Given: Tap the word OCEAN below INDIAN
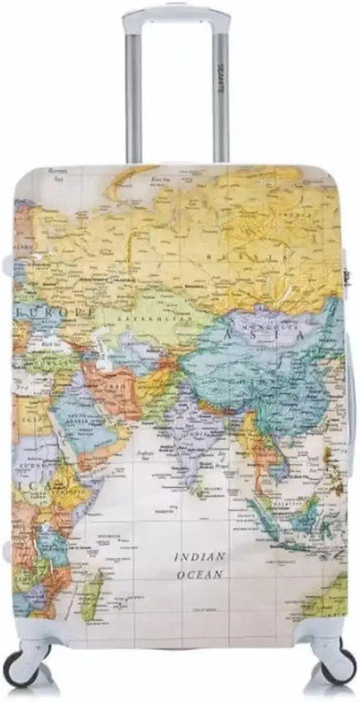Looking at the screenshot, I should [x=199, y=575].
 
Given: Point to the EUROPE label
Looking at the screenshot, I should [x=64, y=312].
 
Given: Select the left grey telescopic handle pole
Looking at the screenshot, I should [x=133, y=95].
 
